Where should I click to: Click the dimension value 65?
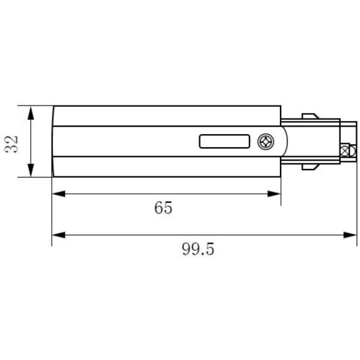tap(163, 208)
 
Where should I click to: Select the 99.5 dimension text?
tap(198, 249)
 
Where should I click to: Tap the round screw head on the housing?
tap(266, 142)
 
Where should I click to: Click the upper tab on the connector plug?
tap(310, 116)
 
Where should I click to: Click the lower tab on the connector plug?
tap(310, 166)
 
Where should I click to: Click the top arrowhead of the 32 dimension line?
tap(30, 110)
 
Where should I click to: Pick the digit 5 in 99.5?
tap(210, 249)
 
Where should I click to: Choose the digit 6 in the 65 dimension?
tap(159, 208)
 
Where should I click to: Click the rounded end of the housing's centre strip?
tap(284, 142)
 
